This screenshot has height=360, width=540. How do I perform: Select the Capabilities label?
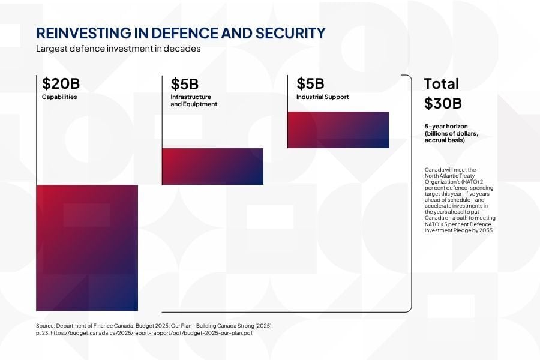pos(59,97)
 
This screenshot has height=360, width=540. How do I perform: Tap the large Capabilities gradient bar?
pos(88,248)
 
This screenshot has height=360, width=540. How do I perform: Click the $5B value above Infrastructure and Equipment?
pos(184,84)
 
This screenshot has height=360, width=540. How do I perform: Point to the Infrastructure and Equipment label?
pos(194,100)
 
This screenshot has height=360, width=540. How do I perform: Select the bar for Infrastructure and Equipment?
pos(213,166)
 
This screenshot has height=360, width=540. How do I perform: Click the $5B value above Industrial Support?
pos(310,83)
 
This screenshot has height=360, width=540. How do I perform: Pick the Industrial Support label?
pos(322,97)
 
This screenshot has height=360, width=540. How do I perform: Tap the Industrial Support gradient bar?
pos(338,130)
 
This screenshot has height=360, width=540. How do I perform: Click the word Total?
pos(441,83)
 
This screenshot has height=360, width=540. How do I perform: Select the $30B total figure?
pos(443,103)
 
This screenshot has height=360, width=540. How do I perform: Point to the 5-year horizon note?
pos(451,133)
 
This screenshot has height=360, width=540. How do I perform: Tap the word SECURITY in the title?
pos(290,33)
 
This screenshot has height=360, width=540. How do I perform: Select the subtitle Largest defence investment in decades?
pos(118,49)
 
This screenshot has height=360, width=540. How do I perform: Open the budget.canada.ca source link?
pos(151,333)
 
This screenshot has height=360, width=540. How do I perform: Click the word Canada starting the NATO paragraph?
pos(433,170)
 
